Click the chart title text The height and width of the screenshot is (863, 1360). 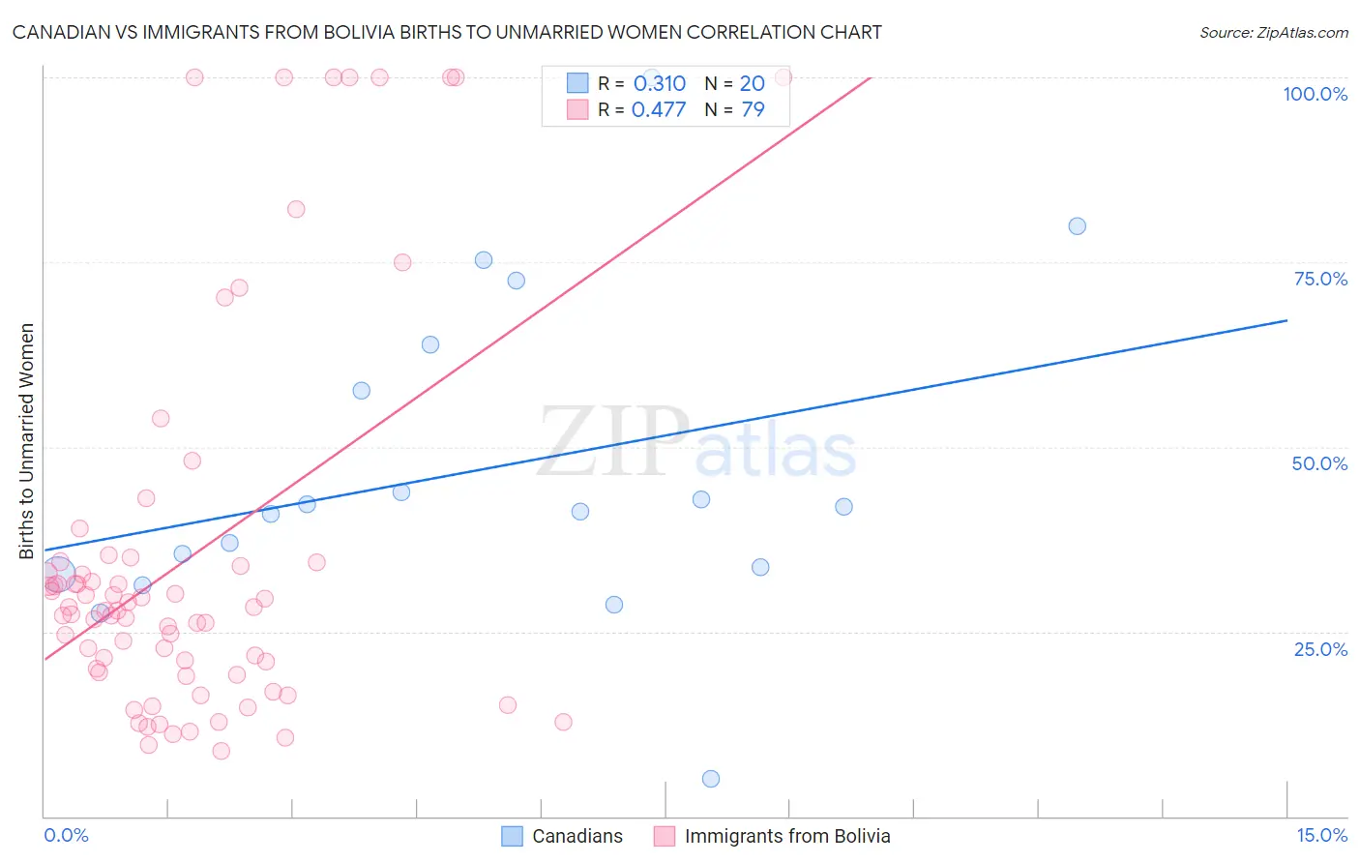tap(447, 32)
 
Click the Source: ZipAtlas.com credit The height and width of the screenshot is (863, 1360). tap(1273, 32)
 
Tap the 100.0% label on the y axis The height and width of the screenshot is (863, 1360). tap(1315, 94)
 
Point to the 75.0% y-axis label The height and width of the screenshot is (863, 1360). tap(1320, 279)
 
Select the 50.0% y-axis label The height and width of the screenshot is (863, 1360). tap(1319, 463)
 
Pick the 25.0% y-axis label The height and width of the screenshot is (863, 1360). tap(1320, 648)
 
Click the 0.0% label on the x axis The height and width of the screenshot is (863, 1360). tap(66, 835)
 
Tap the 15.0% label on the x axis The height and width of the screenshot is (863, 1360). tap(1321, 835)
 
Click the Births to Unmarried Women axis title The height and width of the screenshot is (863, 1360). tap(27, 441)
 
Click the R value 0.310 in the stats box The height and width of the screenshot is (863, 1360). tap(659, 84)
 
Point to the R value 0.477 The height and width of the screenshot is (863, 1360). tap(658, 109)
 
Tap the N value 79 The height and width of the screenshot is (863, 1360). tap(753, 109)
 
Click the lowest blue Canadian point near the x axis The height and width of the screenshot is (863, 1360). tap(711, 779)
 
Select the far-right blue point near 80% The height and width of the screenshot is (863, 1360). tap(1077, 226)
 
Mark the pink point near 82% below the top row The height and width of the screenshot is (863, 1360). tap(296, 209)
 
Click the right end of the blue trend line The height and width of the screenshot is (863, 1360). tap(1286, 320)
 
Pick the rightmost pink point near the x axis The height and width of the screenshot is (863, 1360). tap(563, 722)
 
